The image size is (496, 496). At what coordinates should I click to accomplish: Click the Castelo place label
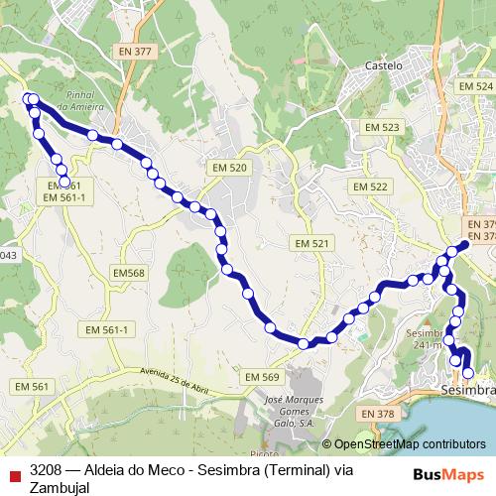coord(386,65)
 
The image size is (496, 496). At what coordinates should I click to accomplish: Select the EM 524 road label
coord(475,87)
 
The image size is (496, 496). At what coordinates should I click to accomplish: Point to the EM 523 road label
coord(381,128)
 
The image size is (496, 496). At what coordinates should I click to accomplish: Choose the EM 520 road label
coord(230,169)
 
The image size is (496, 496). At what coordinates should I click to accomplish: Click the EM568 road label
coord(129,273)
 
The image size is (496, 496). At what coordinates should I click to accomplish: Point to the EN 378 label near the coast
coord(378,414)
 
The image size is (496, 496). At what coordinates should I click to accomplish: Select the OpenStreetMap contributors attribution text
coord(410,445)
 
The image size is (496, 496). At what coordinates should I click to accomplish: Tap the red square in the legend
coord(13,470)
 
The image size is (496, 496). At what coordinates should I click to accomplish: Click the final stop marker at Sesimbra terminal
coord(468,373)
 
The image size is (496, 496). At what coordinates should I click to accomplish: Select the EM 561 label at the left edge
coord(33,386)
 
